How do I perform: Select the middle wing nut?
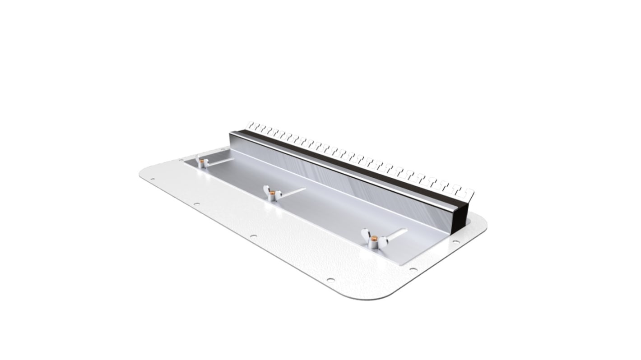(272, 194)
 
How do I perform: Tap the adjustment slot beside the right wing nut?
(397, 233)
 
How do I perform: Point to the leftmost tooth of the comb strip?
(251, 125)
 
